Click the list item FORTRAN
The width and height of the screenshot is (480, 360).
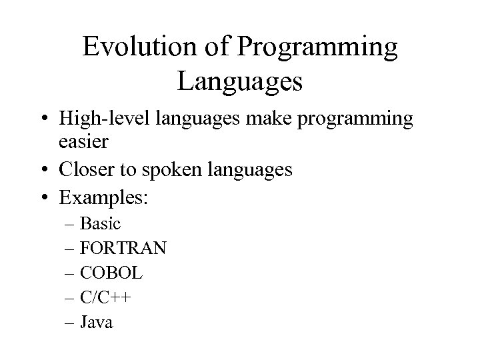[x=123, y=249]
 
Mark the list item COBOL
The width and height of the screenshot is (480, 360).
[x=111, y=273]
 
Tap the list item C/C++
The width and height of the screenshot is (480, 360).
[x=105, y=298]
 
